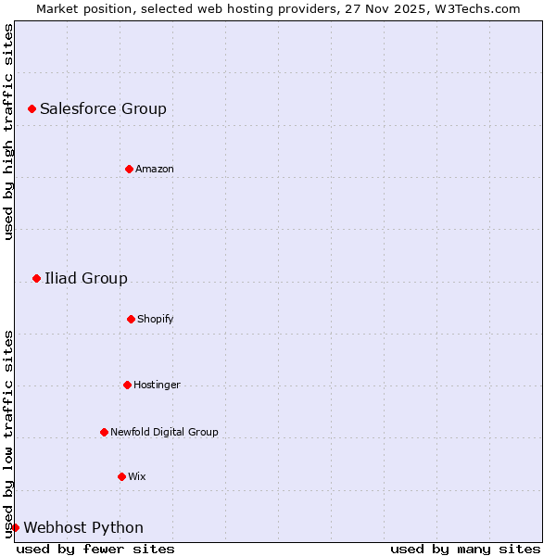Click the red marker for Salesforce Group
pos(32,108)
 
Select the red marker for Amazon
pos(129,169)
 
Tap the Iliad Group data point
pos(36,278)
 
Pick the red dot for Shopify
pos(131,319)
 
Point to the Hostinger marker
pos(127,385)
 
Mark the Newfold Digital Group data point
pos(104,432)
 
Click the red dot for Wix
pos(121,476)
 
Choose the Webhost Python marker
pos(15,527)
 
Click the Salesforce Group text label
pos(103,108)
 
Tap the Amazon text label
pos(155,169)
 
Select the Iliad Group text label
pos(86,278)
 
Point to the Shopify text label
pos(156,319)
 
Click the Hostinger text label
pos(157,385)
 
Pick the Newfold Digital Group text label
pos(164,432)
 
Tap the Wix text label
pos(137,476)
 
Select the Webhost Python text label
pos(83,527)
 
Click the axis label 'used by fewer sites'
pos(95,549)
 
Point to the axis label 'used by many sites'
pos(465,549)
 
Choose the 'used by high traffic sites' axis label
pos(8,132)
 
